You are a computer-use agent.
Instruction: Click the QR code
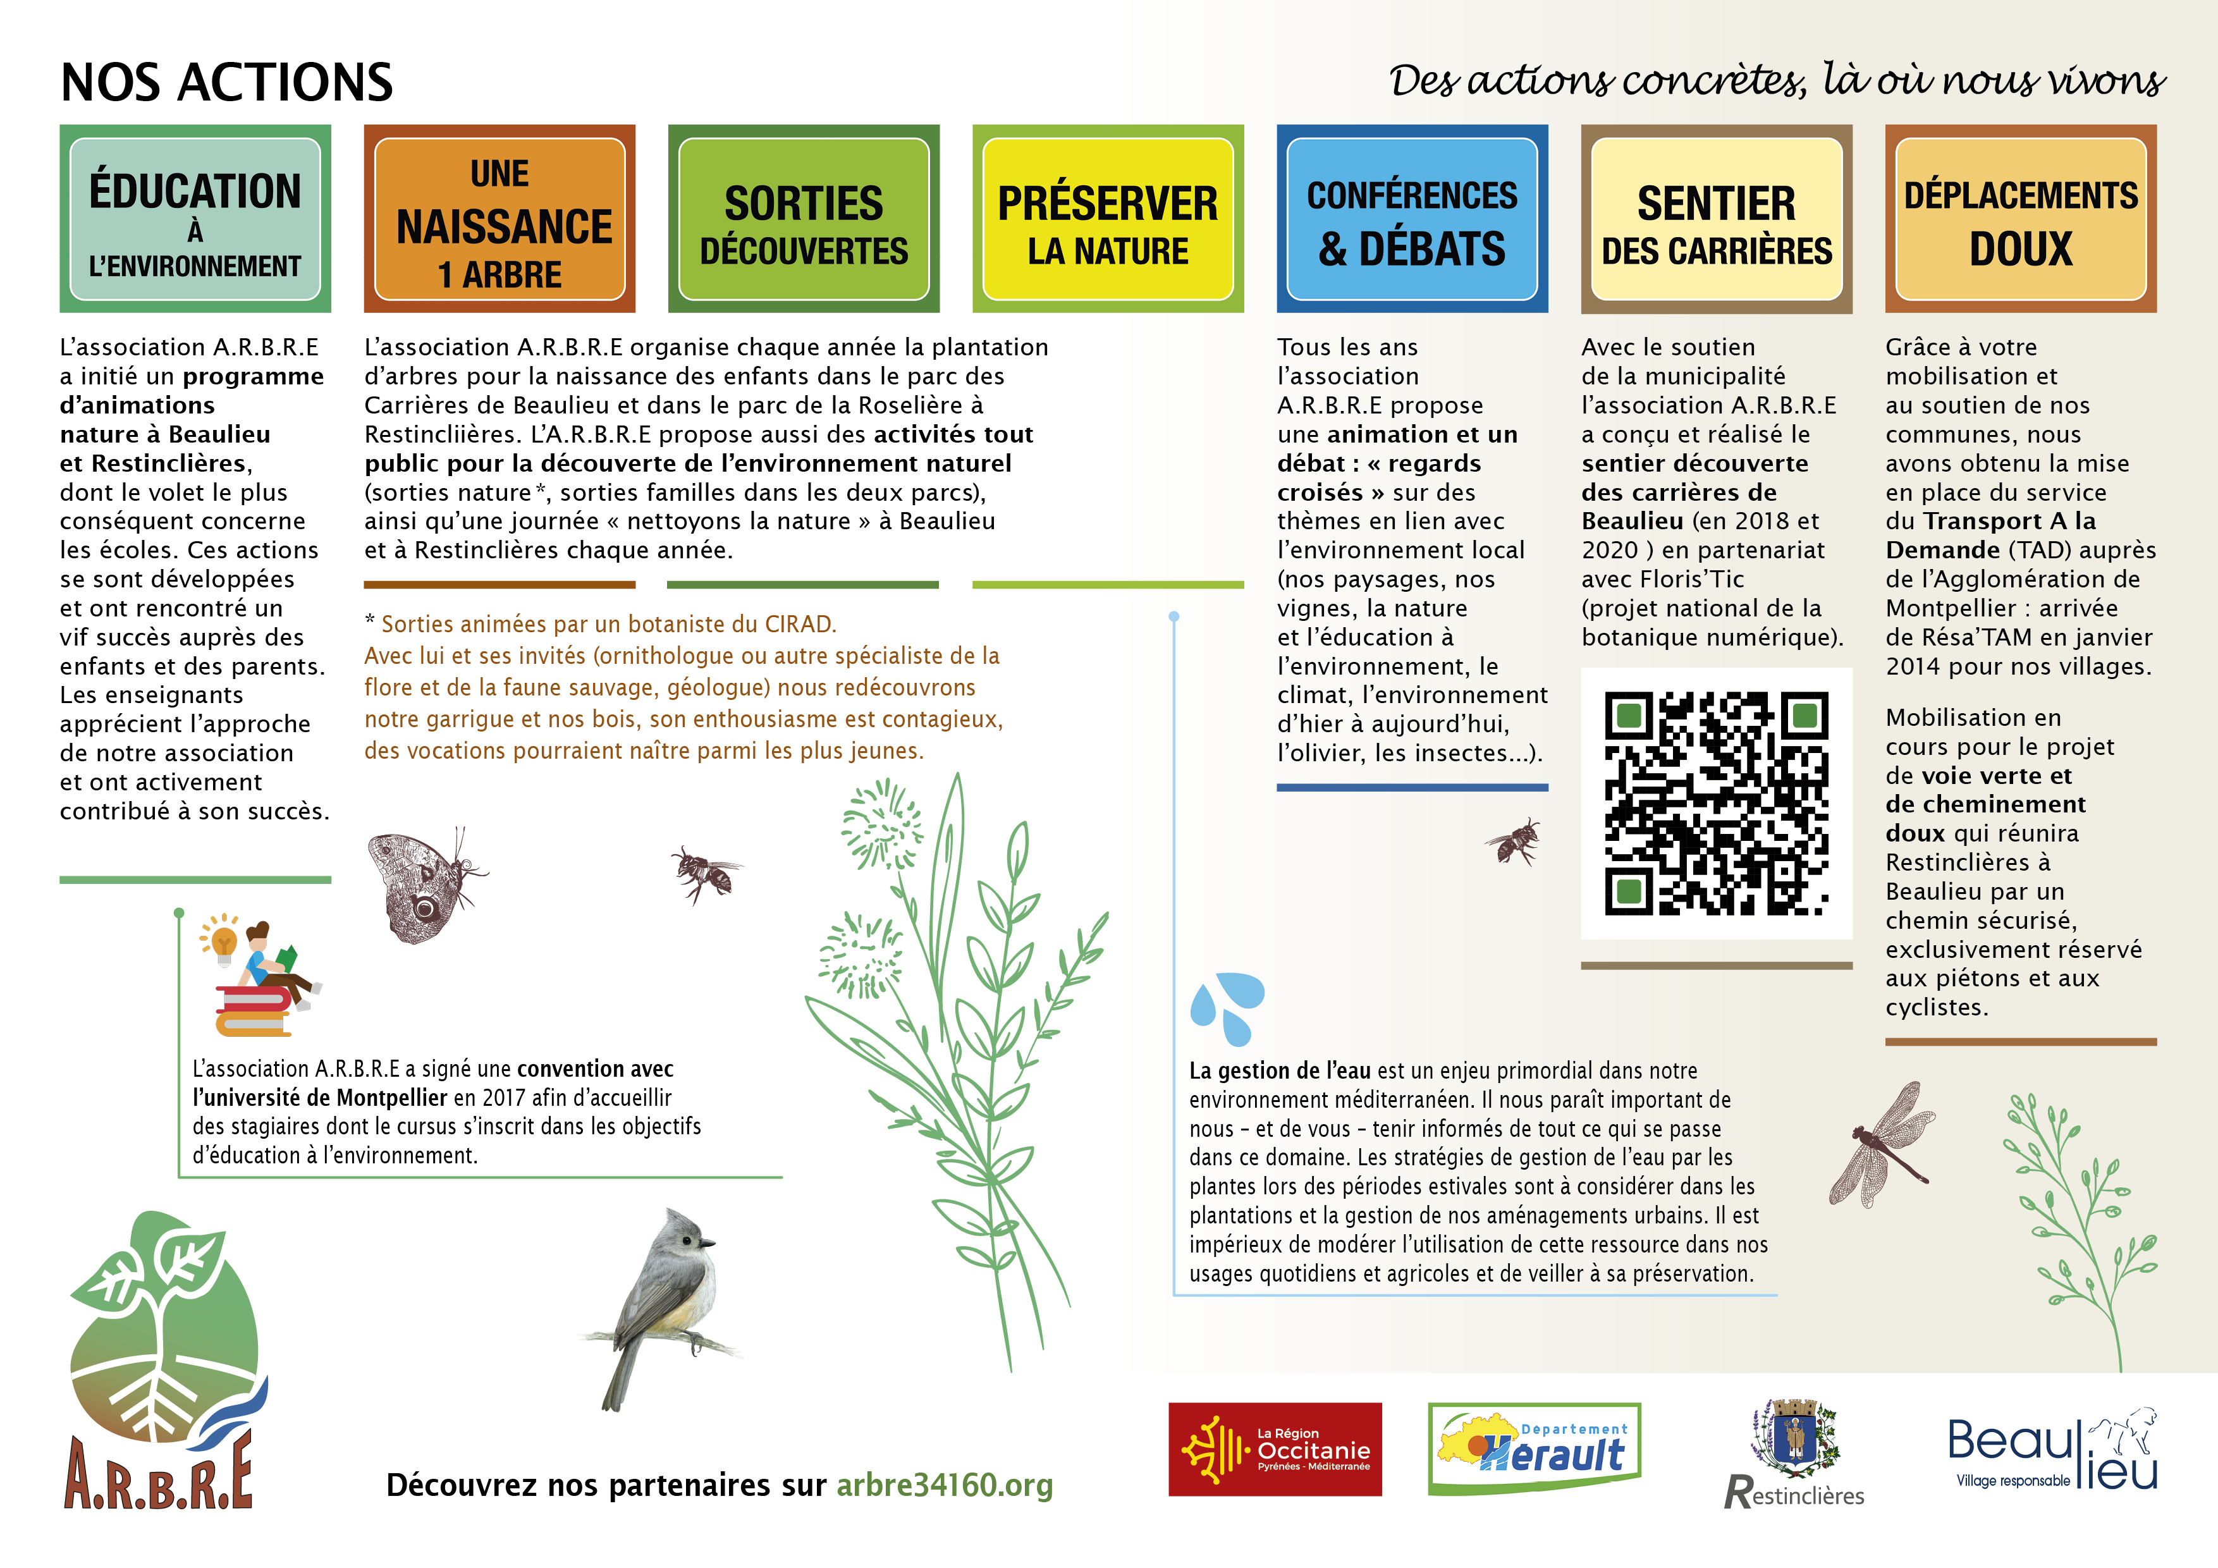[1716, 803]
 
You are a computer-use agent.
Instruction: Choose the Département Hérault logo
[1534, 1449]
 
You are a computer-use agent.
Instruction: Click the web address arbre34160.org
[944, 1485]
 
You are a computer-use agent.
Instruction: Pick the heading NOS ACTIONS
[227, 82]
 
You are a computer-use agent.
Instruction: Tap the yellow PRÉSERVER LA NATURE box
[1107, 219]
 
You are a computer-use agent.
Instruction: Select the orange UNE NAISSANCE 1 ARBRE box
[499, 219]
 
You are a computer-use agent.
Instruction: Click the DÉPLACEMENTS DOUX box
[2020, 219]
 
